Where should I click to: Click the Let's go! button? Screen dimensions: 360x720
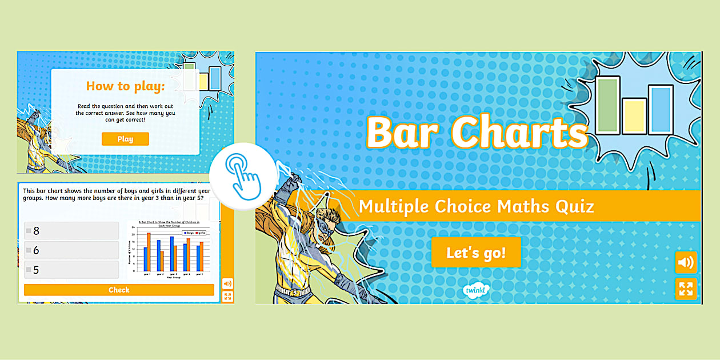pyautogui.click(x=476, y=253)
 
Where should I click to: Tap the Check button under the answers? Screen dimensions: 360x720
pyautogui.click(x=119, y=290)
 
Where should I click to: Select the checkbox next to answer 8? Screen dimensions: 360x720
pyautogui.click(x=28, y=231)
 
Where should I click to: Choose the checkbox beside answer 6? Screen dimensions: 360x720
pyautogui.click(x=28, y=250)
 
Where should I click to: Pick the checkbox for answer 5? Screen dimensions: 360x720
pyautogui.click(x=28, y=270)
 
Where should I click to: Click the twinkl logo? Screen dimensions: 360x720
pyautogui.click(x=475, y=290)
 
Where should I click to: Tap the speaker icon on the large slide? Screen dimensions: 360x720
pyautogui.click(x=686, y=263)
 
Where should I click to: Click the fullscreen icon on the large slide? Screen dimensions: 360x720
pyautogui.click(x=686, y=289)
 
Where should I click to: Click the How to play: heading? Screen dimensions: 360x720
pyautogui.click(x=125, y=86)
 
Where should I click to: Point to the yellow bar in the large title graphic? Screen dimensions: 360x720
pyautogui.click(x=634, y=116)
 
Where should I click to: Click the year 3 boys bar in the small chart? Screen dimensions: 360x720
pyautogui.click(x=171, y=254)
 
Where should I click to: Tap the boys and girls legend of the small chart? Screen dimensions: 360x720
pyautogui.click(x=194, y=233)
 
